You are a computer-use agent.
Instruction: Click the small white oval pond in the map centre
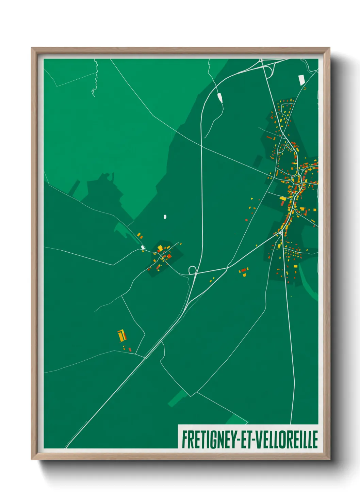click(x=165, y=217)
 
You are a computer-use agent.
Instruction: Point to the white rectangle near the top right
click(x=301, y=80)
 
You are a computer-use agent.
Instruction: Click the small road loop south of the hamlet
click(x=192, y=270)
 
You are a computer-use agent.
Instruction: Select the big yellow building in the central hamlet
click(x=160, y=248)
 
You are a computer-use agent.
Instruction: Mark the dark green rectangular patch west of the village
click(x=258, y=161)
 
